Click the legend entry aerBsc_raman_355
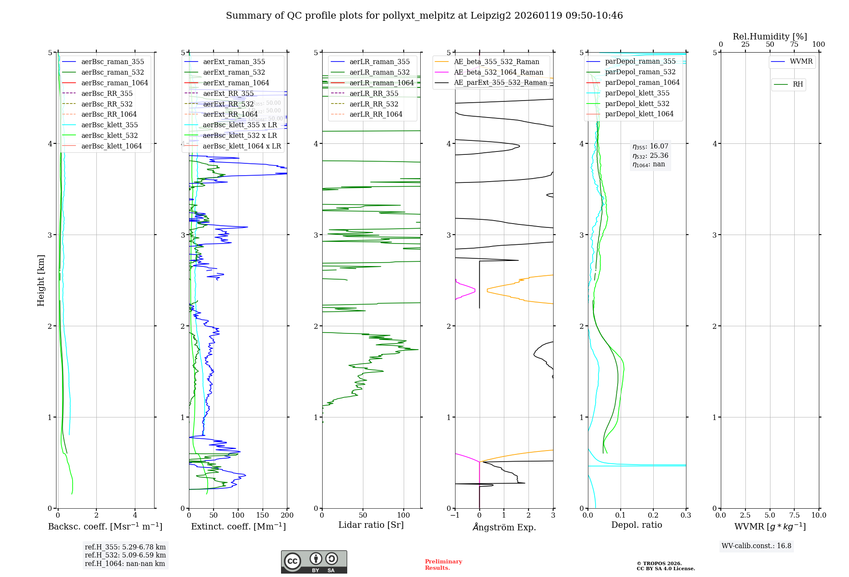click(x=112, y=62)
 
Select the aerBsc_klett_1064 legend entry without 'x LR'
click(x=111, y=146)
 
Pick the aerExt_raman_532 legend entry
click(x=234, y=73)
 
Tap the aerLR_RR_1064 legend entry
click(x=376, y=115)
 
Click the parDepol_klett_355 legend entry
click(x=637, y=93)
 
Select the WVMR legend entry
click(x=801, y=62)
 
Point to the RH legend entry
click(x=798, y=84)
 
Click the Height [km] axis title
click(x=41, y=280)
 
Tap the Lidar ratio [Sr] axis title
click(x=371, y=525)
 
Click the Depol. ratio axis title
click(x=636, y=525)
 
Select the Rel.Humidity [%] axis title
click(x=770, y=36)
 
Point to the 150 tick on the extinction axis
click(x=262, y=515)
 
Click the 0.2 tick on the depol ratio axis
click(x=653, y=515)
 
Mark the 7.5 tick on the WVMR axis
click(x=795, y=515)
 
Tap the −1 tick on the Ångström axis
click(x=455, y=515)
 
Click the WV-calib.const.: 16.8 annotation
click(x=756, y=546)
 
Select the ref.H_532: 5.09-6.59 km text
click(x=125, y=555)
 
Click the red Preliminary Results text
click(x=443, y=565)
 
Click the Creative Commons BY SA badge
click(x=314, y=562)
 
